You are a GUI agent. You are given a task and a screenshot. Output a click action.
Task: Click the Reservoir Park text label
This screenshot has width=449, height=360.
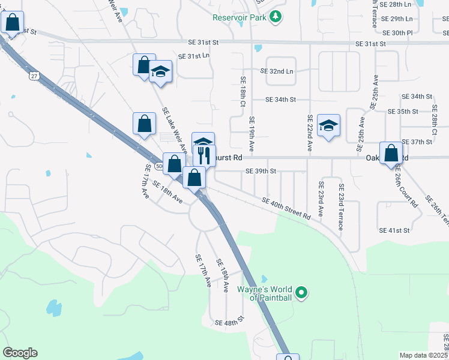pos(238,17)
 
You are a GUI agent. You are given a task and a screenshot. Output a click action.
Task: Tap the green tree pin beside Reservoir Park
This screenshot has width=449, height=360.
pos(276,17)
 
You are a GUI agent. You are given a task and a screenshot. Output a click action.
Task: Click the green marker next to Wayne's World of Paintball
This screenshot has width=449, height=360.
pos(302,293)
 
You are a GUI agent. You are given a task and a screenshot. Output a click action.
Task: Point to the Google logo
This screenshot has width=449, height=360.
pos(20,353)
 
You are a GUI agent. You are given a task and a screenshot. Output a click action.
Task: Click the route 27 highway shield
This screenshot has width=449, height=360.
pos(34,76)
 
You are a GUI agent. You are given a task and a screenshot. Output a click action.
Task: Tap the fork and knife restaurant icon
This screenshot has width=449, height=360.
pos(203,155)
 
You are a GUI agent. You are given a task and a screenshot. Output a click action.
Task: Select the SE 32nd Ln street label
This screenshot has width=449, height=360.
pos(277,71)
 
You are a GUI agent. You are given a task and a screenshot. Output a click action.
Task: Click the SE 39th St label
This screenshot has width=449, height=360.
pos(261,171)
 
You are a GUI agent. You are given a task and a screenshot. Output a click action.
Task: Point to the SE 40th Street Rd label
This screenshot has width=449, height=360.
pos(286,207)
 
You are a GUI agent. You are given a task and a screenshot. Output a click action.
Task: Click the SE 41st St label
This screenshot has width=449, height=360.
pos(394,230)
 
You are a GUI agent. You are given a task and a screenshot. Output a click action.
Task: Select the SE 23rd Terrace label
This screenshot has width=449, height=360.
pos(340,206)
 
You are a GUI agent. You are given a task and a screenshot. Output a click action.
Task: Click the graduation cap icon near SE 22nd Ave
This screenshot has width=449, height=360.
pos(328,125)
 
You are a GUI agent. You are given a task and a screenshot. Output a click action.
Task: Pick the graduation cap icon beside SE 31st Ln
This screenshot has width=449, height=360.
pos(160,73)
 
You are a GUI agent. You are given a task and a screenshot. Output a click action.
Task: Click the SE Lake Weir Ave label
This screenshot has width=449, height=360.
pos(173,130)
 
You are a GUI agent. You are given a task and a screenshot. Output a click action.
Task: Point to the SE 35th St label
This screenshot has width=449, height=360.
pos(403,112)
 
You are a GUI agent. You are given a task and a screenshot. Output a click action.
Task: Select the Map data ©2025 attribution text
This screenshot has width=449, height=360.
pos(424,355)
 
